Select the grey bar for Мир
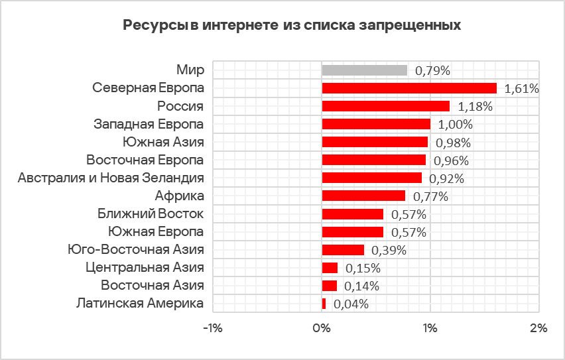364,70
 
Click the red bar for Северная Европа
409,88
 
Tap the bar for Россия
385,106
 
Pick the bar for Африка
363,196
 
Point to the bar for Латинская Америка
324,304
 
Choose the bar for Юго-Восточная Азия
343,249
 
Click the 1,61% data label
521,88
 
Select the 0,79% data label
432,70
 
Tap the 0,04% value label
351,304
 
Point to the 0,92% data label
446,178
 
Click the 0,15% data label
363,268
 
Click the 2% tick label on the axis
538,328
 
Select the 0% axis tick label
322,328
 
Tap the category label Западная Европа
149,123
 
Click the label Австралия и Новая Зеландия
111,177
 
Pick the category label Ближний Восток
151,213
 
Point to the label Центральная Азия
145,267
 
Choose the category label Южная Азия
163,141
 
